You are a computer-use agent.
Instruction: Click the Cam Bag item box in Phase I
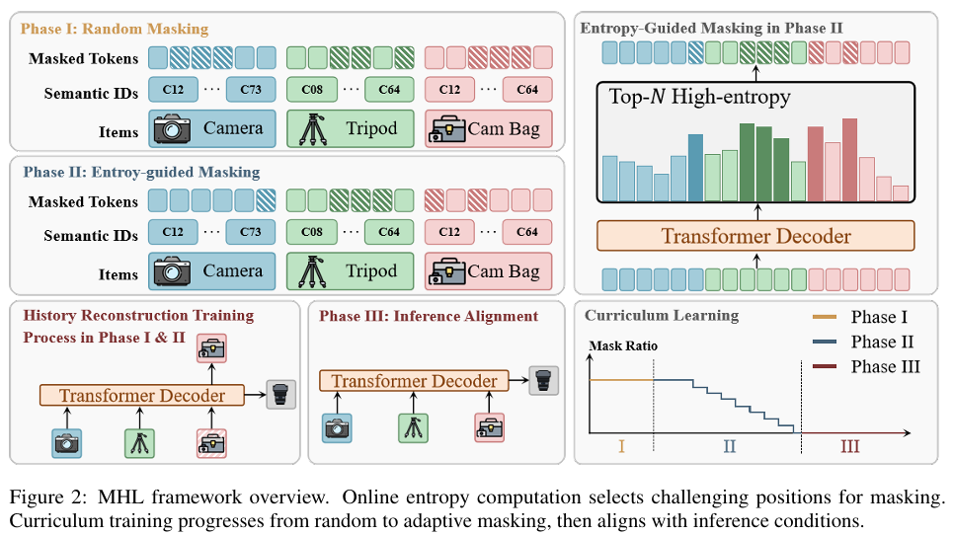point(488,128)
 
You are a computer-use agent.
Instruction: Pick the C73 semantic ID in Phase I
point(251,92)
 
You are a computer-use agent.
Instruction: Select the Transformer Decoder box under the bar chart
point(755,236)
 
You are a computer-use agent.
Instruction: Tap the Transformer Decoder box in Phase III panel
point(414,381)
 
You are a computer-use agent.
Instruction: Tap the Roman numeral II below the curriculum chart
point(729,446)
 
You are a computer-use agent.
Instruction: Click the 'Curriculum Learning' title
point(661,316)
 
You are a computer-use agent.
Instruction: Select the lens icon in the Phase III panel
point(542,380)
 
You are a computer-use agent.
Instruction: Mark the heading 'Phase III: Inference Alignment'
point(429,316)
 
